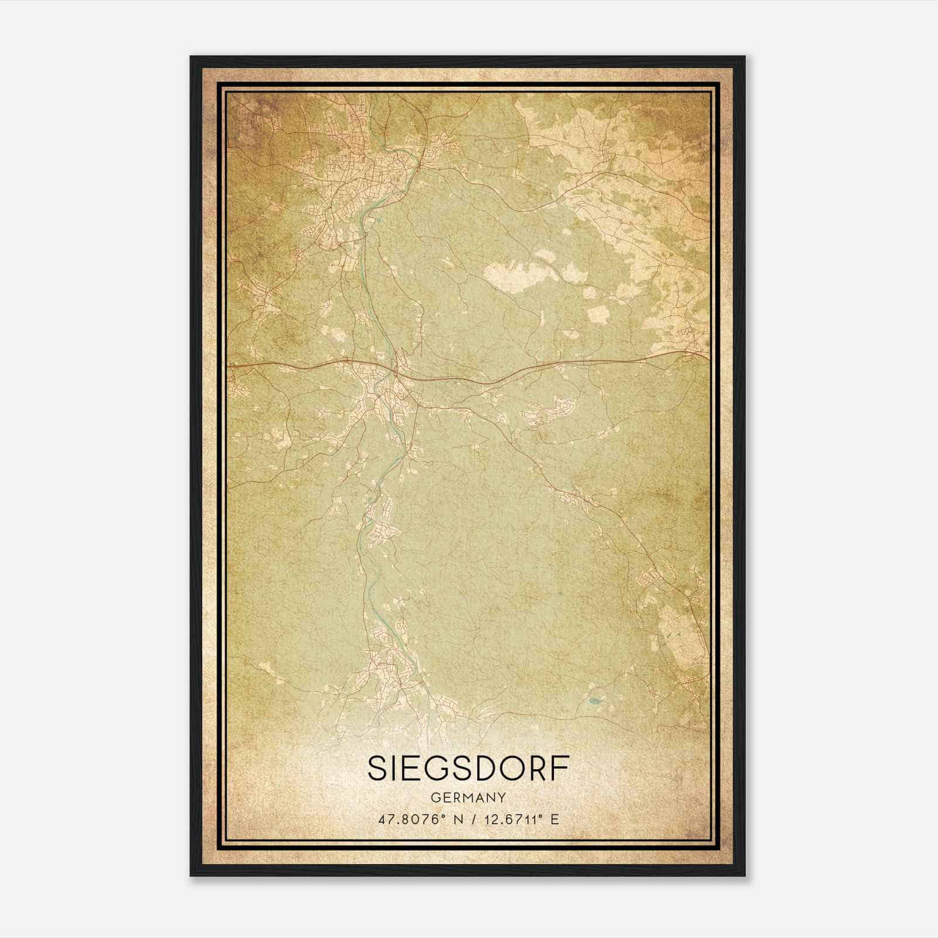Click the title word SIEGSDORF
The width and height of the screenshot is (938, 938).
click(468, 769)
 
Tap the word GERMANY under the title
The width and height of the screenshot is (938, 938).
click(468, 797)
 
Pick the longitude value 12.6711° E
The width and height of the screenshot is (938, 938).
click(516, 819)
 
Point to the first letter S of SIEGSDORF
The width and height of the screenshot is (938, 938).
click(377, 769)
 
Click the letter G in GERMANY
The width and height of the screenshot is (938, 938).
click(434, 797)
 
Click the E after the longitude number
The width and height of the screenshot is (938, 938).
click(554, 819)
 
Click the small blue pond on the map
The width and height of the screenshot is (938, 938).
click(595, 700)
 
